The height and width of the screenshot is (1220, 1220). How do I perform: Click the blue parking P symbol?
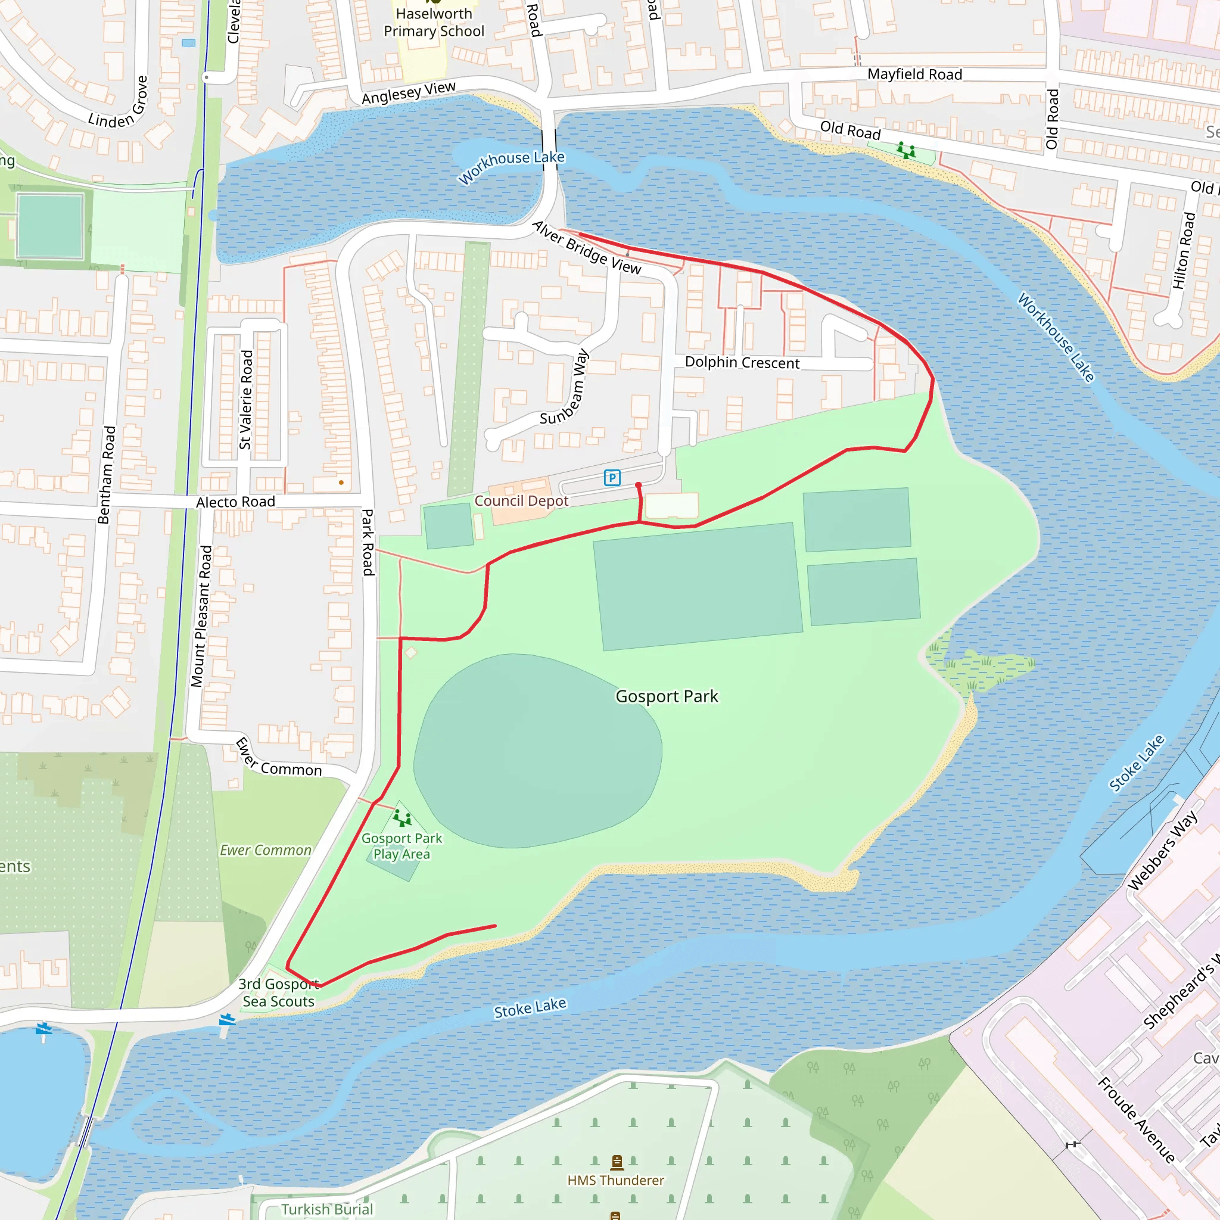[612, 477]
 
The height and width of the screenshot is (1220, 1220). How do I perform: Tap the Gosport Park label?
[667, 696]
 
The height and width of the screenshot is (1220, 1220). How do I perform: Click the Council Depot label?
[521, 501]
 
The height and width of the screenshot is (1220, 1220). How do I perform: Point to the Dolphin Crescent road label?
[742, 362]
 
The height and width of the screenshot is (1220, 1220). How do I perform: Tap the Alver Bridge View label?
[587, 248]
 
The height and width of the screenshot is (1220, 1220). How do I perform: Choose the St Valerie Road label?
[246, 400]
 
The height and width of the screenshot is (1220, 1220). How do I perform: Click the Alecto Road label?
[235, 502]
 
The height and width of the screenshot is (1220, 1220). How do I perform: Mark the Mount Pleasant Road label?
[201, 616]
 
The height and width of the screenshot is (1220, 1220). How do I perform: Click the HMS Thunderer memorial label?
[616, 1180]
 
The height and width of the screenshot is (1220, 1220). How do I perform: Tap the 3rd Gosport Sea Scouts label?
[278, 992]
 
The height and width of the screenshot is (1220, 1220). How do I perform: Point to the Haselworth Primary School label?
[434, 22]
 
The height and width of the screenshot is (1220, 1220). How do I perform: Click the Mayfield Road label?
[914, 74]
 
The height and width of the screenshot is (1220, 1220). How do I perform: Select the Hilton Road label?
[1184, 251]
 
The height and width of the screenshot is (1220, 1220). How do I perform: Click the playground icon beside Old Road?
[906, 150]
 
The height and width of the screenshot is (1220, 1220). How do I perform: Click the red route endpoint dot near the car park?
[639, 485]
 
